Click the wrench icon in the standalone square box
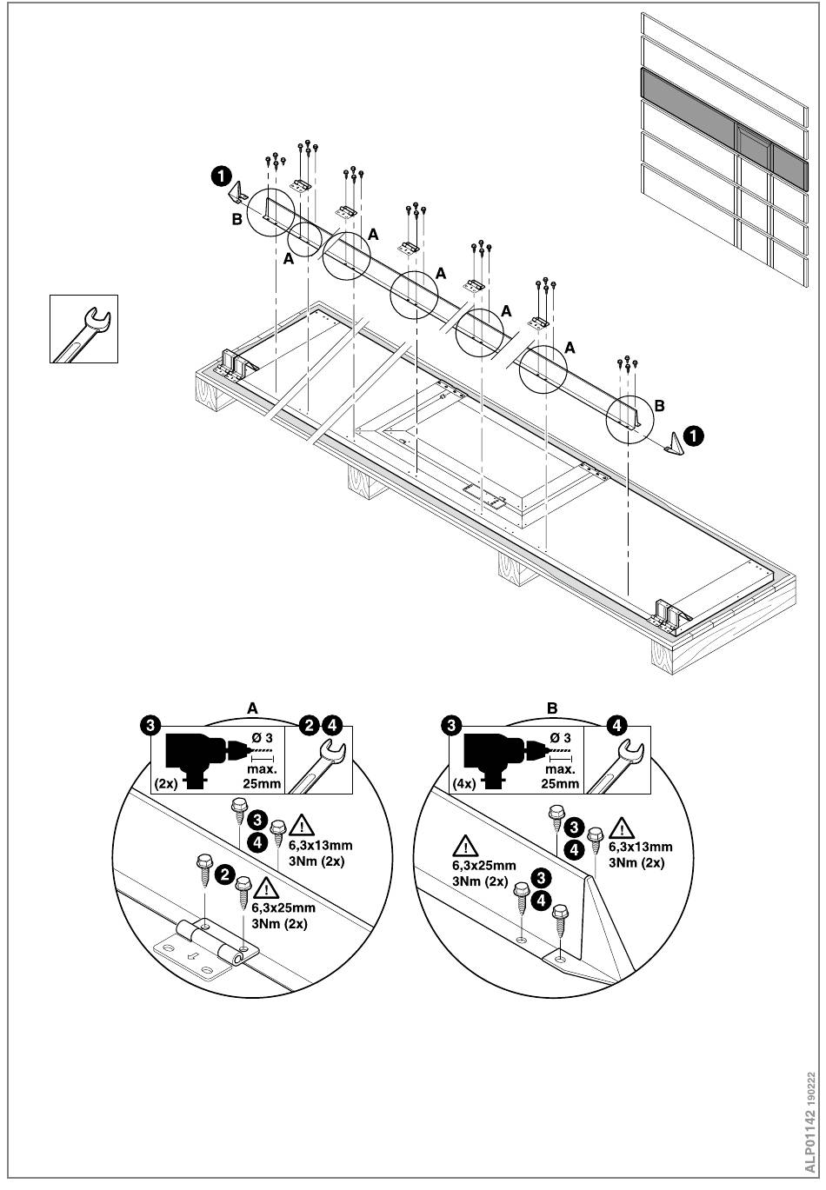point(83,329)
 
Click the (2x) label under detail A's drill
point(167,783)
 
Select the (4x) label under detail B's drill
point(463,783)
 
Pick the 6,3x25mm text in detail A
point(283,907)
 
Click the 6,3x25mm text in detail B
point(484,866)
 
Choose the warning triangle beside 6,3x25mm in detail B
point(468,846)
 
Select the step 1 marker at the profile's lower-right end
point(694,434)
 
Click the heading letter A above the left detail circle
point(253,708)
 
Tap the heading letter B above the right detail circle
point(551,708)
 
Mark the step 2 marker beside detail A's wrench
point(308,724)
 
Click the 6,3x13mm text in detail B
point(641,848)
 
